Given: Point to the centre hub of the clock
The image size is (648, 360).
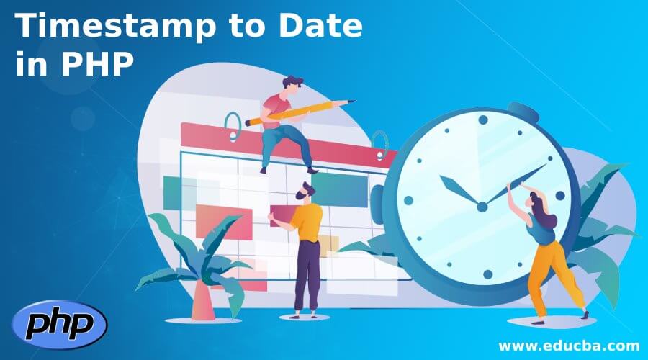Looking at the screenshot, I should point(482,207).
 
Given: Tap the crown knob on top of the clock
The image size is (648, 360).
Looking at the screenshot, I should point(523,114).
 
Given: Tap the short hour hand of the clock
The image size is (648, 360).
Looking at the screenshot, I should point(461,191).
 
